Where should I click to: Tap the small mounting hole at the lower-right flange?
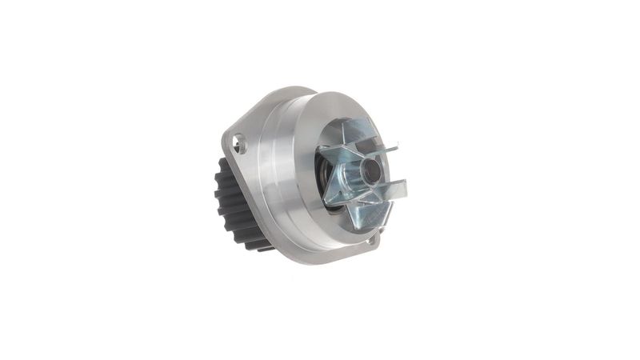(369, 240)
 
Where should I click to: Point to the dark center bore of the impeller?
(371, 170)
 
